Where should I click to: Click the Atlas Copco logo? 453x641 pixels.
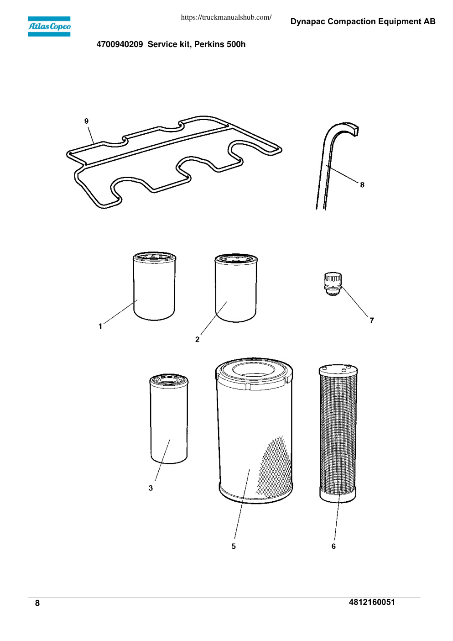point(49,26)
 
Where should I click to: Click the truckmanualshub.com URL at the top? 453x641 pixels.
point(226,17)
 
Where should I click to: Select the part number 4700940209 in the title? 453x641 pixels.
point(120,44)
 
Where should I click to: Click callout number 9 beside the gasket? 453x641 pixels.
point(86,121)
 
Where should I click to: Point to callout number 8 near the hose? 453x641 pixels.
point(362,185)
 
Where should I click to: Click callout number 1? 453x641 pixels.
point(100,326)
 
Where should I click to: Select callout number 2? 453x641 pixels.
point(197,339)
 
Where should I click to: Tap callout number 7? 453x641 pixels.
point(372,320)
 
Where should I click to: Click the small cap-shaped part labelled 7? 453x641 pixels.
point(333,284)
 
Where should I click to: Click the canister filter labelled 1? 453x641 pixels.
point(155,286)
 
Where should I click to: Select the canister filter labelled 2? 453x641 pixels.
point(236,288)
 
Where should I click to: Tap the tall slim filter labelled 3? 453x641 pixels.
point(169,419)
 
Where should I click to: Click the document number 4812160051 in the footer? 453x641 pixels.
point(372,602)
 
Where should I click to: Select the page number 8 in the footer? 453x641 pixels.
point(37,603)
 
